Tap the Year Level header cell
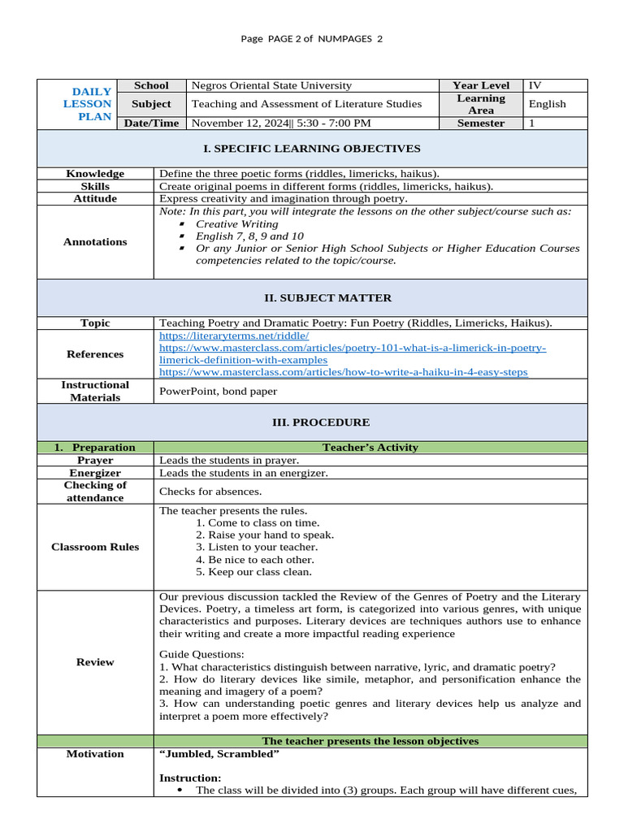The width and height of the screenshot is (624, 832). point(481,85)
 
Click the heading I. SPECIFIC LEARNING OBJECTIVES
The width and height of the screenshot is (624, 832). point(311,149)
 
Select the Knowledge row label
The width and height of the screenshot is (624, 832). point(95,174)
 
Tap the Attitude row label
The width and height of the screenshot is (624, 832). point(95,199)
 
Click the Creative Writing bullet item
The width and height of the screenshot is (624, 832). point(235,223)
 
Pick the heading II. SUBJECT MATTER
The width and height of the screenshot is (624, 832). point(311,298)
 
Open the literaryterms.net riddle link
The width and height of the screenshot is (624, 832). point(234,336)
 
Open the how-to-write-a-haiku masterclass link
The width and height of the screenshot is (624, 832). point(343,372)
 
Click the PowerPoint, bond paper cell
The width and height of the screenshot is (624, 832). point(218,392)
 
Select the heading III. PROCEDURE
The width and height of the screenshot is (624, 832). point(311,422)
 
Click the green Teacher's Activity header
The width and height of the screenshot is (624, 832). point(370,448)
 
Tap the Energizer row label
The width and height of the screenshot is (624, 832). point(95,473)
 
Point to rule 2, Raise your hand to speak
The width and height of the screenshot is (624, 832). point(265,535)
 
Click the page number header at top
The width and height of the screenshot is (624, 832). point(311,39)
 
